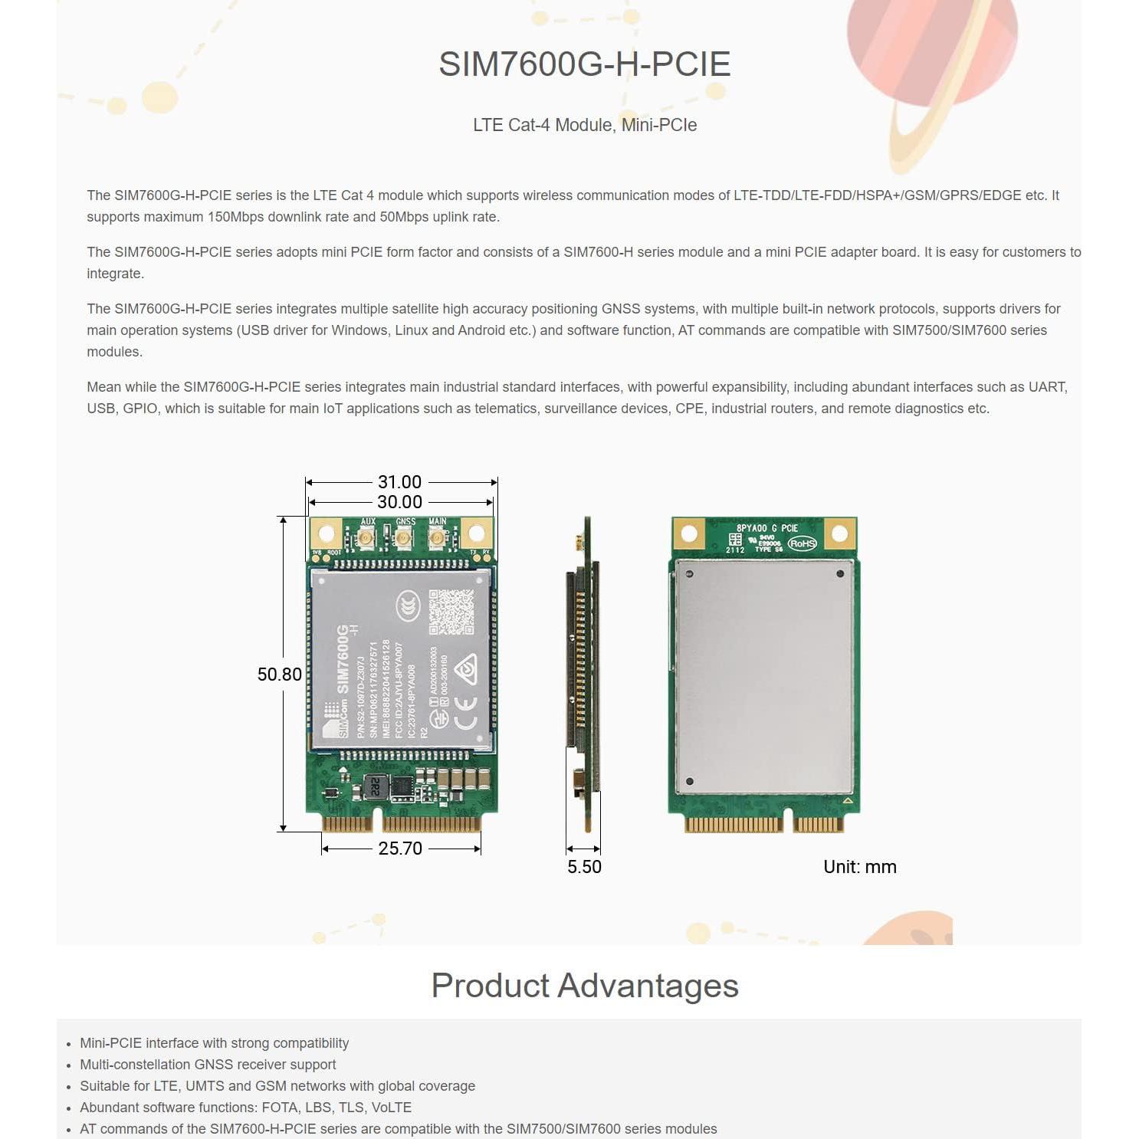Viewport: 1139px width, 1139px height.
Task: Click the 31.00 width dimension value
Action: (x=399, y=482)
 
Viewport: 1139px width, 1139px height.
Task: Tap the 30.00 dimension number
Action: (x=399, y=502)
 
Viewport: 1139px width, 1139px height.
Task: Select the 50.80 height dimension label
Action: (x=279, y=675)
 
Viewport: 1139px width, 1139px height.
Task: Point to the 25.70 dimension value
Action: (x=400, y=849)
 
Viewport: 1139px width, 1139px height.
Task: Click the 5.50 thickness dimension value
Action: (x=584, y=867)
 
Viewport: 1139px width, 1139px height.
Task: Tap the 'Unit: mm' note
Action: (x=859, y=867)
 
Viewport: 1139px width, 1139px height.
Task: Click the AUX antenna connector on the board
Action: (x=366, y=539)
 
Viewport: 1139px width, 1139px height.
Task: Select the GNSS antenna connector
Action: (x=403, y=539)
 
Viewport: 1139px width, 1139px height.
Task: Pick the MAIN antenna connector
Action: (x=437, y=539)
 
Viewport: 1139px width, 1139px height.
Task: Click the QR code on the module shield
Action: (x=451, y=612)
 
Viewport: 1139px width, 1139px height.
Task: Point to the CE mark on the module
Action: (x=464, y=712)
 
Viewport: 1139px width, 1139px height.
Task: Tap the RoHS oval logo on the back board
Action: (x=802, y=543)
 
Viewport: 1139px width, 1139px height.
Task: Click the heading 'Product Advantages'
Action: (x=584, y=986)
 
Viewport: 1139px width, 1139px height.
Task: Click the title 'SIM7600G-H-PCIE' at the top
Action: (x=584, y=64)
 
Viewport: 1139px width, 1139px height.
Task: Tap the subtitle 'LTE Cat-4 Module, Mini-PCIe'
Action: (x=584, y=125)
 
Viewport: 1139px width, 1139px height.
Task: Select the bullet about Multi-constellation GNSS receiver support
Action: (x=208, y=1065)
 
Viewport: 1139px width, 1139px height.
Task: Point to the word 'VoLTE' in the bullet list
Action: (x=391, y=1108)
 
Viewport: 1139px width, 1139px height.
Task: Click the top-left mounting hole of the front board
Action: (x=326, y=533)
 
